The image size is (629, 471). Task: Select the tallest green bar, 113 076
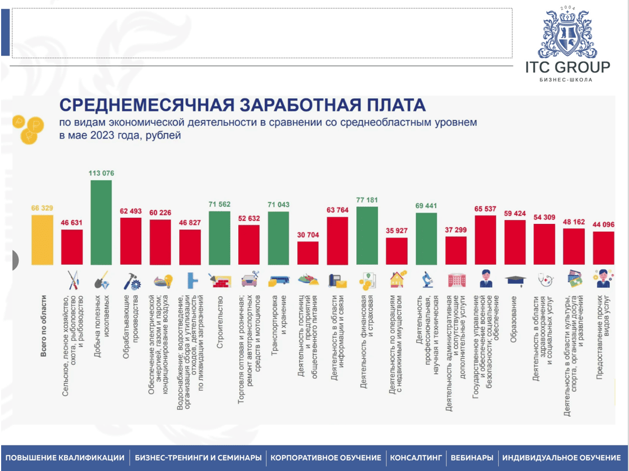[x=101, y=223]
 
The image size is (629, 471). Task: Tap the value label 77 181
[x=367, y=200]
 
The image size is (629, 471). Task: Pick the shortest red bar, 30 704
[x=308, y=253]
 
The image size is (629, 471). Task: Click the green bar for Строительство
[x=220, y=238]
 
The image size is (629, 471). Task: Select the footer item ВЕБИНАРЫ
[x=472, y=457]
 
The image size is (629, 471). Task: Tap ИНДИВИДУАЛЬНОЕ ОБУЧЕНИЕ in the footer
[x=561, y=457]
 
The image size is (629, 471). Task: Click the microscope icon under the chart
[x=426, y=279]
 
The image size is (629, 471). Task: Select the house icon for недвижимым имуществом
[x=397, y=279]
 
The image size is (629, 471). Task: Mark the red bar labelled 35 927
[x=397, y=252]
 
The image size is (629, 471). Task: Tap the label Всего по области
[x=43, y=327]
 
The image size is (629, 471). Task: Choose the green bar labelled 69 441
[x=426, y=239]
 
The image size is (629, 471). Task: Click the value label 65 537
[x=485, y=209]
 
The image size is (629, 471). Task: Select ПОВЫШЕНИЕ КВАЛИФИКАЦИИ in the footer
[x=64, y=457]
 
